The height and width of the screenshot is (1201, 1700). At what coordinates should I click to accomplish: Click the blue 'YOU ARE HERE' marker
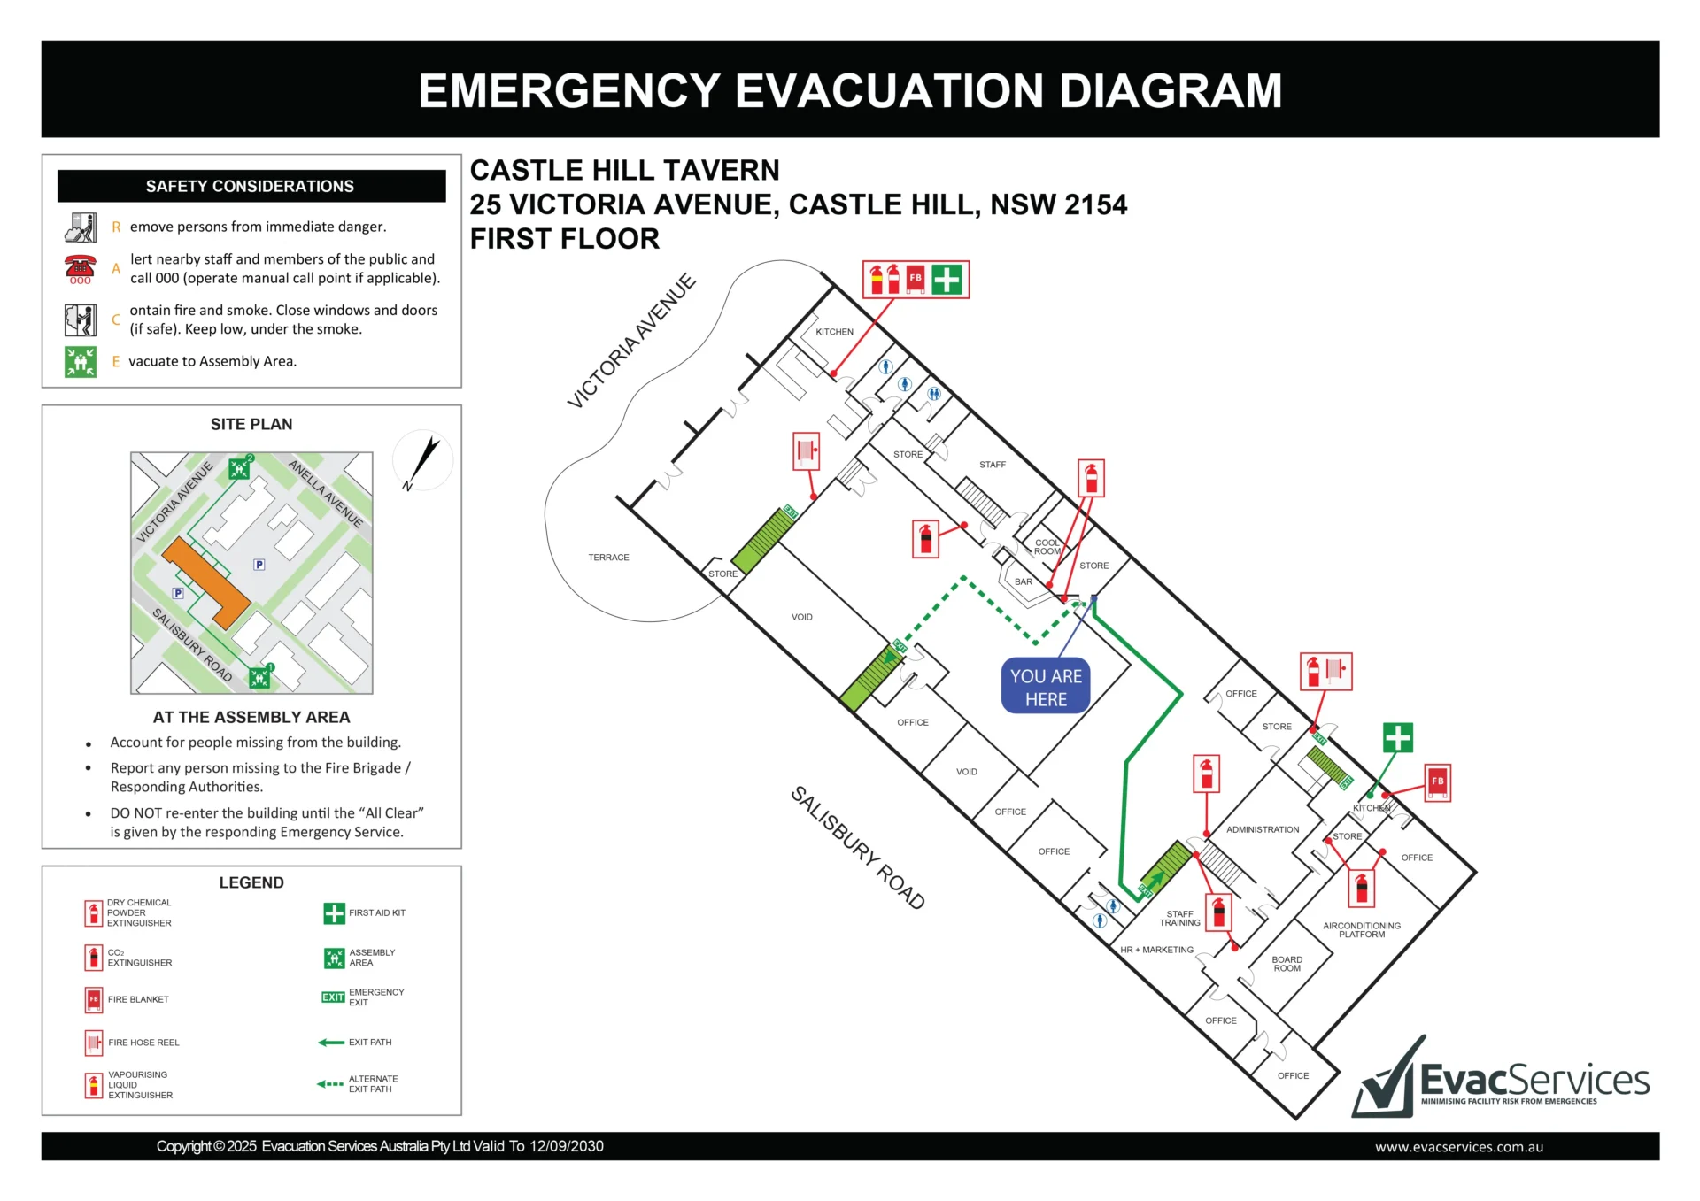pos(1046,686)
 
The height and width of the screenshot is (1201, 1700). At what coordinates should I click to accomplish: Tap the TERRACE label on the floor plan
pos(608,558)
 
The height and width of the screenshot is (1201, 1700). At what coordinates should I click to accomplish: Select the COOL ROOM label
pos(1047,547)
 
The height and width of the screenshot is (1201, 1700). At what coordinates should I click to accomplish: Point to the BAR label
pos(1024,581)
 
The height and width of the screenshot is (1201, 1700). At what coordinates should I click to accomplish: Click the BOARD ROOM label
pos(1287,964)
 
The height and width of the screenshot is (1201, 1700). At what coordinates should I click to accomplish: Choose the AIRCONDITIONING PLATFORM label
pos(1362,930)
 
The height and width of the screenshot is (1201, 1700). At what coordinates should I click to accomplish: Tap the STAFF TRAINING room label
pos(1180,919)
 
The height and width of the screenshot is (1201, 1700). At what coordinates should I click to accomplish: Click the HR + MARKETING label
pos(1157,950)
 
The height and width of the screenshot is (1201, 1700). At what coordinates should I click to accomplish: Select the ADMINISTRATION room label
pos(1263,829)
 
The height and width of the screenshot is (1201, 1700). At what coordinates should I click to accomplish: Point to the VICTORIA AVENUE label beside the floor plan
pos(631,342)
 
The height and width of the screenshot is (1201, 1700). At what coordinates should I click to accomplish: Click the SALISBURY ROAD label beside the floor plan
pos(858,847)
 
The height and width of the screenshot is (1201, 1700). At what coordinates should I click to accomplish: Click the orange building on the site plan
pos(206,581)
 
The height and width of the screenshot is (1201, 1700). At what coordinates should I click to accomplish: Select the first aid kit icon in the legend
pos(334,913)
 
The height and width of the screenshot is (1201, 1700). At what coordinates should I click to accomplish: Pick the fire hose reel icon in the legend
pos(94,1043)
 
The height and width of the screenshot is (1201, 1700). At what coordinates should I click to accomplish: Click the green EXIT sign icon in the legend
pos(333,997)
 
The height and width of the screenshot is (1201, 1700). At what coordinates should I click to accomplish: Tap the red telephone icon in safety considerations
pos(80,268)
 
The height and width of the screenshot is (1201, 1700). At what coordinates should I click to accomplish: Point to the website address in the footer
pos(1459,1147)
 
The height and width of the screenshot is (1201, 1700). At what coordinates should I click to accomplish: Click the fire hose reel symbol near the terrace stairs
pos(806,451)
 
